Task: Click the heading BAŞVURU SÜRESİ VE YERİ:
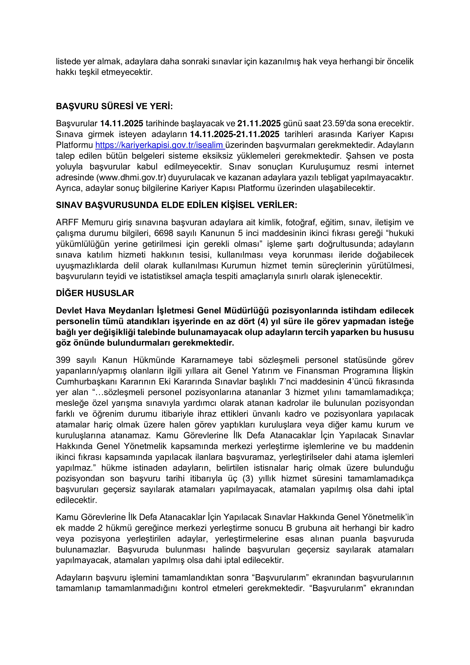click(114, 106)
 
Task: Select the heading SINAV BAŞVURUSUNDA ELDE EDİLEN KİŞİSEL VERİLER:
click(176, 205)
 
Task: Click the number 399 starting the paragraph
click(63, 360)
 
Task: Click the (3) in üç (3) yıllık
click(248, 478)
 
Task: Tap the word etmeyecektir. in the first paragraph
click(127, 72)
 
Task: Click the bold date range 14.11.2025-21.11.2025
click(235, 134)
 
